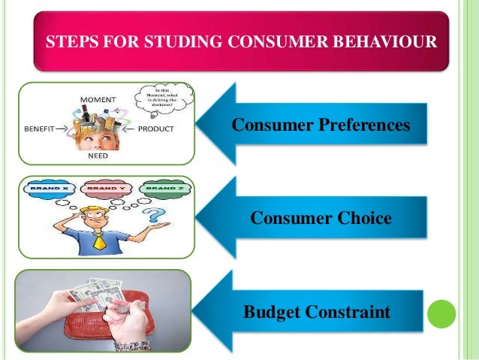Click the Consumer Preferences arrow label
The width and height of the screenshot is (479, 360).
pyautogui.click(x=321, y=123)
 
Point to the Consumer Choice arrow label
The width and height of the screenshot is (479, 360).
pyautogui.click(x=321, y=218)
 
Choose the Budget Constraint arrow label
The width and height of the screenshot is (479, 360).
pyautogui.click(x=317, y=310)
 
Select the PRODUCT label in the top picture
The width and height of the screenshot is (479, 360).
pyautogui.click(x=156, y=129)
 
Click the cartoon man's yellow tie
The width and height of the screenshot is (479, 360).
pyautogui.click(x=99, y=241)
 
